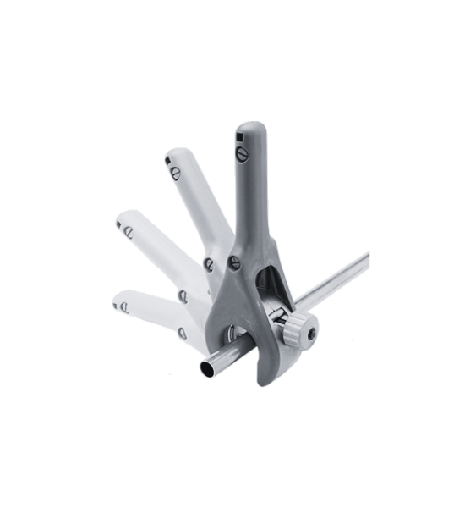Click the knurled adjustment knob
coord(296,328)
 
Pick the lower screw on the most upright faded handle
coord(209,265)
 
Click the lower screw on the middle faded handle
coord(183,295)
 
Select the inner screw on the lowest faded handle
coord(182,333)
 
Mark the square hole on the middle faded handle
coord(119,224)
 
